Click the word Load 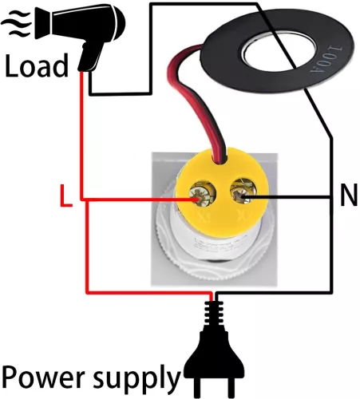(37, 65)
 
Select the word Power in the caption (43, 377)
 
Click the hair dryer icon (80, 36)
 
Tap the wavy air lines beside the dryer (17, 23)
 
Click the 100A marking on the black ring (326, 59)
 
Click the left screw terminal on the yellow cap (203, 193)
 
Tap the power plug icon (214, 351)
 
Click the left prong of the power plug (199, 388)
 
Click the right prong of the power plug (230, 388)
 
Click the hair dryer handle (89, 56)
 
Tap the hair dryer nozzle (42, 23)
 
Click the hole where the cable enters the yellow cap (220, 160)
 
